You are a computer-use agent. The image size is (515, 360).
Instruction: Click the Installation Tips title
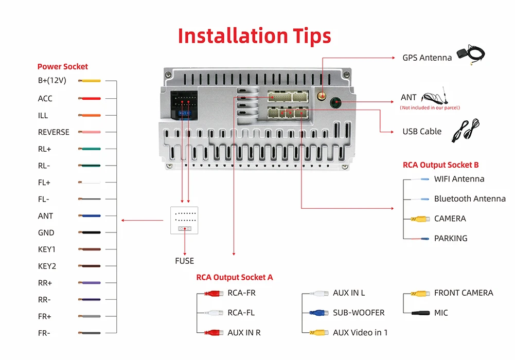(x=254, y=36)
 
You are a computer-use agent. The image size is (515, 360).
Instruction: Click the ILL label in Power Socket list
(x=43, y=115)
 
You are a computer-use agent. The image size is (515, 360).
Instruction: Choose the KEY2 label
(x=47, y=266)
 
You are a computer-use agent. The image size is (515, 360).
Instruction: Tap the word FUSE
(x=184, y=261)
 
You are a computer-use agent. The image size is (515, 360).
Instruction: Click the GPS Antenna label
(x=427, y=58)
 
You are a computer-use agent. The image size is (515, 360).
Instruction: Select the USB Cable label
(x=422, y=132)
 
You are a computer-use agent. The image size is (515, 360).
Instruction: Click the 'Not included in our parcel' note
(x=430, y=107)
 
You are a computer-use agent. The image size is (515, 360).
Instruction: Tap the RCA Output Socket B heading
(x=440, y=165)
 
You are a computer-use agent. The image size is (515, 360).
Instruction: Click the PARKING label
(x=451, y=238)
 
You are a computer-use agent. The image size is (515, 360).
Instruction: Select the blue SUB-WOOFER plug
(x=318, y=313)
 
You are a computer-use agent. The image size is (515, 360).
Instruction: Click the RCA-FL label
(x=241, y=313)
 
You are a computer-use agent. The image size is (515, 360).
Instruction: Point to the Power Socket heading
(x=62, y=66)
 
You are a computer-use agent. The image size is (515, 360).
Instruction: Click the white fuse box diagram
(x=184, y=220)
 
